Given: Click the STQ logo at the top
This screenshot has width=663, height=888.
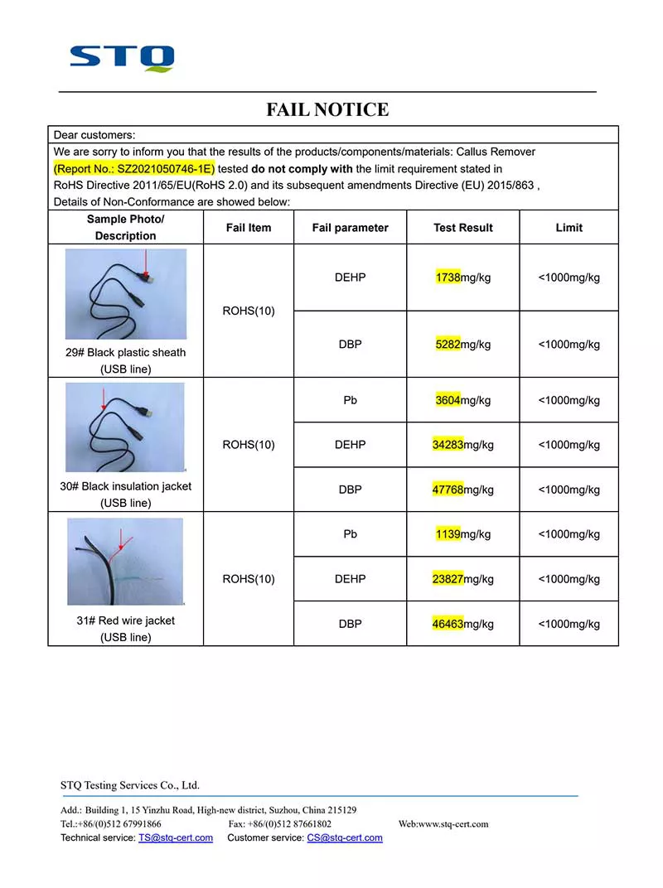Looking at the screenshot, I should pos(122,58).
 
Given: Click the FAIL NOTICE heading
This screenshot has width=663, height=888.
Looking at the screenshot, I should pos(327,109).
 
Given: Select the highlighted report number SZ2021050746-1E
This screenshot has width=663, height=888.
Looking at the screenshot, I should pos(133,169).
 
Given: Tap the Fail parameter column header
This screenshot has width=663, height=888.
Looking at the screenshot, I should pos(350,228).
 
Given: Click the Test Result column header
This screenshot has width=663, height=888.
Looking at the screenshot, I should pos(462,228).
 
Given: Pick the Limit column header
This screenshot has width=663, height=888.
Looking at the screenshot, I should pos(569,228).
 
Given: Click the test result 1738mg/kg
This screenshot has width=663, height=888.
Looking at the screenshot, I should pos(462,277).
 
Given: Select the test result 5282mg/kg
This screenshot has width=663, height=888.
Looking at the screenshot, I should pos(462,345).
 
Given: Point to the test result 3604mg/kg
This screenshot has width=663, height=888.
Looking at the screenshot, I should pos(462,400).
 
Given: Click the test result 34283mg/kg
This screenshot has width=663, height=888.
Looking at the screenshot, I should pos(462,445).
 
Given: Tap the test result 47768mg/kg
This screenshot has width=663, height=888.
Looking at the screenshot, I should pos(462,490).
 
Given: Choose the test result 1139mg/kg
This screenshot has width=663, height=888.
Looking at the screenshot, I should pos(462,534).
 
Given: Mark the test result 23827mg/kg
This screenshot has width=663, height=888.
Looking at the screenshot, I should pos(462,579).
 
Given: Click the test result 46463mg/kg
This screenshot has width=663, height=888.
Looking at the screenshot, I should pos(462,624).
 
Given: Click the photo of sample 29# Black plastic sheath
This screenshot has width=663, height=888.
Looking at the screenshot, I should pos(126,294).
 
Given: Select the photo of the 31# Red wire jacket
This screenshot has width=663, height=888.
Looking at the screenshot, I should pos(125,562).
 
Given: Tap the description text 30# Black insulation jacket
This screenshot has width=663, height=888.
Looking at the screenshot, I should pos(125,486).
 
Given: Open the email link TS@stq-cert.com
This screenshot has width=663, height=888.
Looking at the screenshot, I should pos(176,837).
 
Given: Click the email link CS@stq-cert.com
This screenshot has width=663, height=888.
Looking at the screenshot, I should pos(345,837).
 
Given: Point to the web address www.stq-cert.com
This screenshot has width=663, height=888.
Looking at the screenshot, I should pos(454,824).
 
